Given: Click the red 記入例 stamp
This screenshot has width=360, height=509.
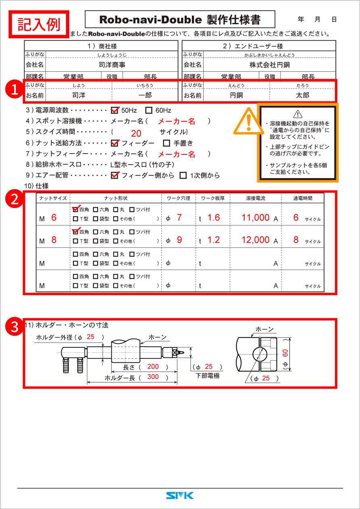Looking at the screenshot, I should click(x=39, y=24).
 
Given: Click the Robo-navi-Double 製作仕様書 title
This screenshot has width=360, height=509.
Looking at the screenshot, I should click(x=180, y=19).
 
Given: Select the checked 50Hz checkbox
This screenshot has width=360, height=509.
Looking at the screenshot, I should click(x=115, y=110).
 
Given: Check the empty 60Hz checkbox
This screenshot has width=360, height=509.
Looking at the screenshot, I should click(x=149, y=110).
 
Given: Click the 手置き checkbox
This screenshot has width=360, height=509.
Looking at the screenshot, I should click(x=166, y=143).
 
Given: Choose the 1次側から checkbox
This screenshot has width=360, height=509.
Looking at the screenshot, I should click(x=183, y=175).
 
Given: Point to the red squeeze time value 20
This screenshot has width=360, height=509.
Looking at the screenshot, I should click(x=136, y=134).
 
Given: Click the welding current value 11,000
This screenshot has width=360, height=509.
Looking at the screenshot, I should click(x=256, y=218).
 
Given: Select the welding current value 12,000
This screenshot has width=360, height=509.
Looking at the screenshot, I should click(x=256, y=240).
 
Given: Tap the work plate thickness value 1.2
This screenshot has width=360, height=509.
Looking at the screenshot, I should click(x=213, y=240).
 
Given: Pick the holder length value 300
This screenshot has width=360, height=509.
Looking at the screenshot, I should click(x=153, y=377).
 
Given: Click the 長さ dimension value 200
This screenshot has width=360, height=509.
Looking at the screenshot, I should click(x=153, y=367).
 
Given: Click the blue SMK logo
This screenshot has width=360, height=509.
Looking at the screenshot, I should click(x=180, y=495).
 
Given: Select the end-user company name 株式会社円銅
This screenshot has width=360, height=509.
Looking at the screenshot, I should click(x=269, y=64).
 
